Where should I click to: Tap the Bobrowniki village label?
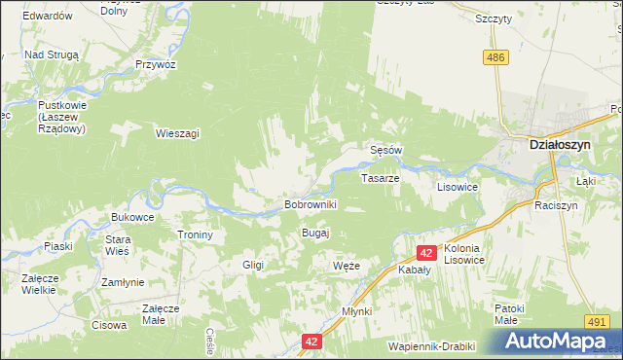point(310,205)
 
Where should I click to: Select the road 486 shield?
point(496,58)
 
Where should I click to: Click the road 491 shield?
point(597,320)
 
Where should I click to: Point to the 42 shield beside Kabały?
point(425,252)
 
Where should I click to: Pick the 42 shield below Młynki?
point(311,342)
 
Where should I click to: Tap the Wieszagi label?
point(177,133)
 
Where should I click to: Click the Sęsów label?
point(386,150)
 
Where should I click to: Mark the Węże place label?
point(347,266)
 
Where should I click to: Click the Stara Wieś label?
point(118,245)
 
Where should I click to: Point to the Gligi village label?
point(253,265)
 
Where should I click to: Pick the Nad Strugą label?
point(51,55)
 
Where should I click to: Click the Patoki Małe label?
point(508,314)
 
